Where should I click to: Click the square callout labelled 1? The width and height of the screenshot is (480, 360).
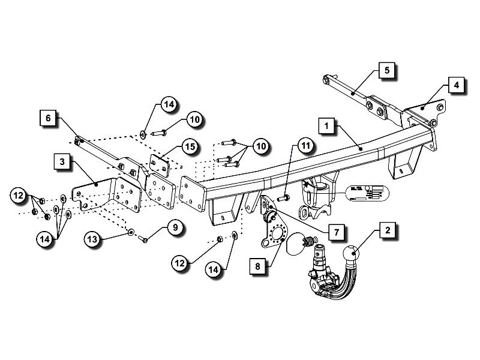click(x=326, y=127)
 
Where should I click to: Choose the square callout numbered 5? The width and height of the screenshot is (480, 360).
click(x=387, y=70)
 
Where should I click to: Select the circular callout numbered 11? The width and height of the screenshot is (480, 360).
click(x=306, y=146)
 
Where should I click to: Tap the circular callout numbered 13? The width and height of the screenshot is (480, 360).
click(x=92, y=239)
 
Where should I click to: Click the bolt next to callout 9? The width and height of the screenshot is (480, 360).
click(x=144, y=240)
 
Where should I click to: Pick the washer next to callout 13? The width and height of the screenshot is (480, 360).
click(x=130, y=230)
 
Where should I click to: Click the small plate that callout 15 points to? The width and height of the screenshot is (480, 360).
click(x=158, y=164)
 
